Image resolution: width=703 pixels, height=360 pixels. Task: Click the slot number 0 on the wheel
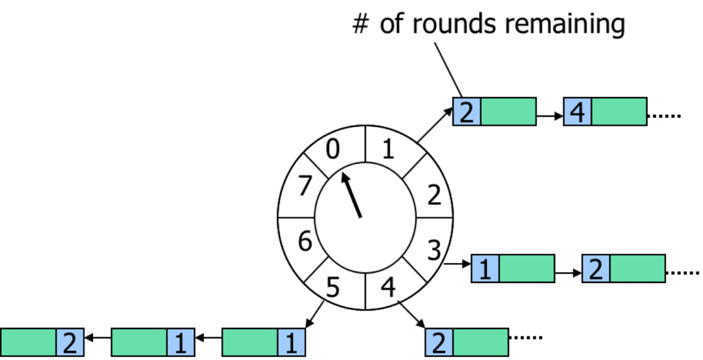coord(332,149)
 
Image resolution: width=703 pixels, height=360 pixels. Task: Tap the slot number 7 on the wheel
coord(305,185)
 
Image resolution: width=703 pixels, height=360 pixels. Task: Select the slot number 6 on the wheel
coord(305,242)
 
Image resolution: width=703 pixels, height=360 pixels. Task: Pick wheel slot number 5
coord(332,287)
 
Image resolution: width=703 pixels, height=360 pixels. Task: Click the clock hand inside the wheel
coord(351,195)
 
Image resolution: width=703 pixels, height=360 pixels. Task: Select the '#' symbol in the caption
coord(361,24)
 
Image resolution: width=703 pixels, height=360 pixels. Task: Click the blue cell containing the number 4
coord(577,111)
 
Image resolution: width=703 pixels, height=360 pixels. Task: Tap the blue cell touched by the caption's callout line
coord(467,111)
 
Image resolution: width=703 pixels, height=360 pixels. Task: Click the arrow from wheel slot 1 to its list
coord(435,125)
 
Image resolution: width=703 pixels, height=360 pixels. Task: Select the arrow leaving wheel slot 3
coord(458,264)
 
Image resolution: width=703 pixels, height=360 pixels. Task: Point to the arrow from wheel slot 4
coord(411,314)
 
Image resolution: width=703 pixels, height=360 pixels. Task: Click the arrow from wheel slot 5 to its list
coord(314,314)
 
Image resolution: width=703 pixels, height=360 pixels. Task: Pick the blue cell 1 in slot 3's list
coord(485,269)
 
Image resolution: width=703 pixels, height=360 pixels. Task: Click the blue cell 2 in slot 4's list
coord(439,342)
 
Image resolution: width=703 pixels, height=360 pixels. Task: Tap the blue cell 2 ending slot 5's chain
coord(70,342)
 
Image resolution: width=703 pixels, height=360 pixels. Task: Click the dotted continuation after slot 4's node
coord(525,337)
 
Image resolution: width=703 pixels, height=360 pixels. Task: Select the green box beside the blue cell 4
coord(619,111)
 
